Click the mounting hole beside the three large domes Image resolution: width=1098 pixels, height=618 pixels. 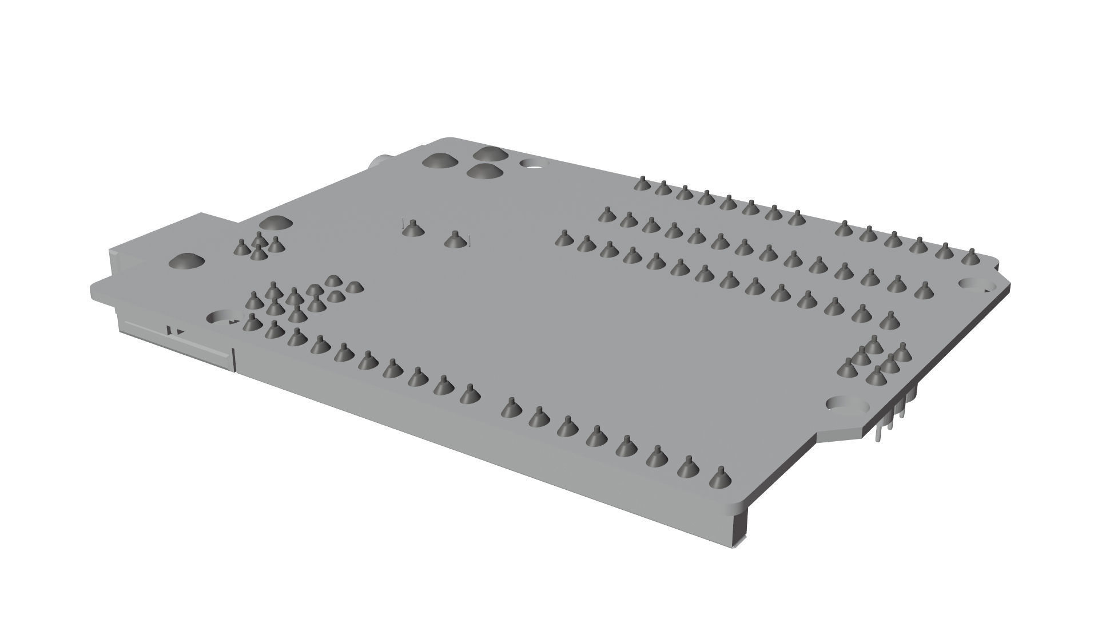pyautogui.click(x=533, y=164)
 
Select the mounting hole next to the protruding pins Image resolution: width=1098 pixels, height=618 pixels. pyautogui.click(x=846, y=405)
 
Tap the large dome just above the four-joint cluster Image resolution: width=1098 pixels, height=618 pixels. pyautogui.click(x=275, y=223)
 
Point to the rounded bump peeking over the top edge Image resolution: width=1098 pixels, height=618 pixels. pyautogui.click(x=379, y=163)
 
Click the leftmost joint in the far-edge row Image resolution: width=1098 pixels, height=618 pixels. pyautogui.click(x=642, y=184)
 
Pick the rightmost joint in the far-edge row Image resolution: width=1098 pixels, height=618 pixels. pyautogui.click(x=968, y=258)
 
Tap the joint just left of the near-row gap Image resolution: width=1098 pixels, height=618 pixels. pyautogui.click(x=470, y=394)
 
